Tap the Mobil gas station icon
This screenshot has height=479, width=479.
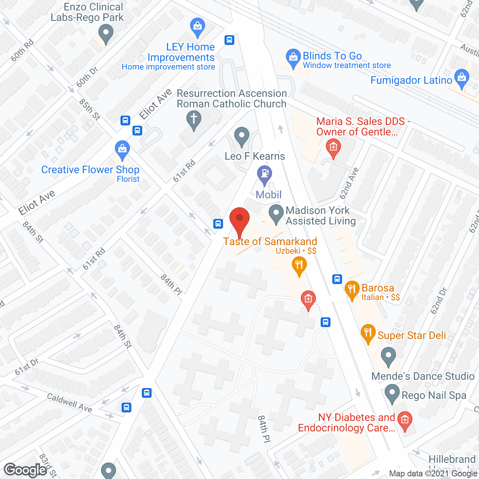click(x=265, y=174)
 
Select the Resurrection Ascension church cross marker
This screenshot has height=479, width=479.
click(x=194, y=120)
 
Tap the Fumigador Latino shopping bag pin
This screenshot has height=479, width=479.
click(x=462, y=78)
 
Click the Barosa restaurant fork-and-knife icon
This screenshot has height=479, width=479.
click(x=352, y=290)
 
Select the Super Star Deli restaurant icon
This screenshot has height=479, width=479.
click(x=368, y=333)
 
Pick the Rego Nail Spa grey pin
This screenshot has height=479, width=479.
click(x=392, y=394)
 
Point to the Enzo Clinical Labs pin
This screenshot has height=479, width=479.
click(x=106, y=33)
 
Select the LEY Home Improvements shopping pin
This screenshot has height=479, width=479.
click(x=197, y=27)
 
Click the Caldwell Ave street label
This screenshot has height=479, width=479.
click(x=70, y=403)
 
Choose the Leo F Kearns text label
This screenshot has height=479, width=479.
click(x=255, y=156)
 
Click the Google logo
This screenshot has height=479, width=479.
click(x=25, y=470)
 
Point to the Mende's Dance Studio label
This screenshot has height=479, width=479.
click(x=423, y=376)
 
